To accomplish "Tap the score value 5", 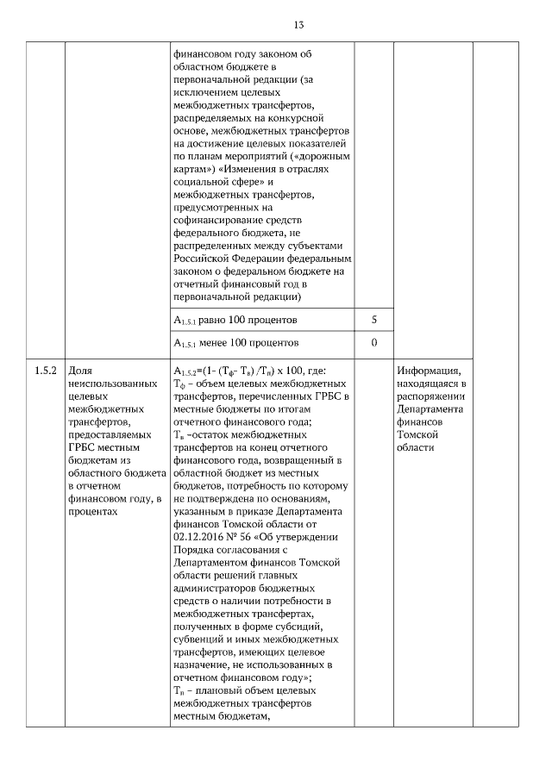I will tap(373, 321).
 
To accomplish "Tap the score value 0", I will tap(373, 343).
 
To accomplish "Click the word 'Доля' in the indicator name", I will tap(79, 371).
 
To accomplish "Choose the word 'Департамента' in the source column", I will tap(430, 409).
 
